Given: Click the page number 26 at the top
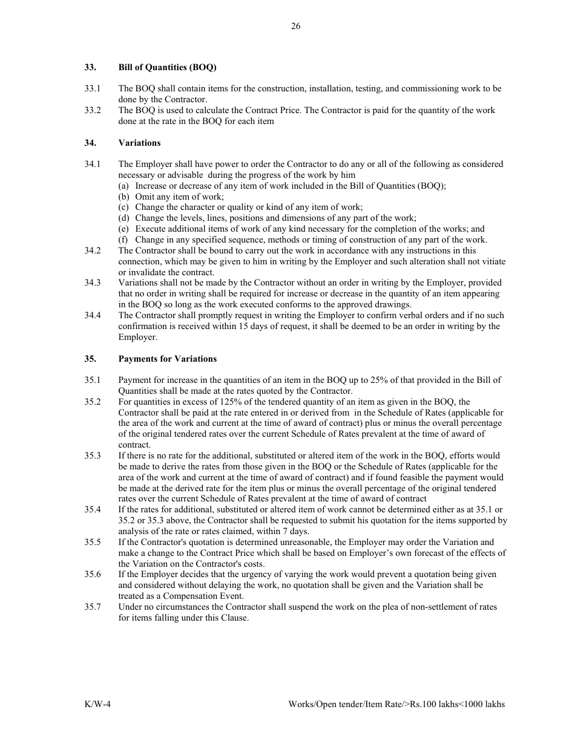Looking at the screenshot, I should point(295,26).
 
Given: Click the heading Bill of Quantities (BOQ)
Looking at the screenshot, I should point(167,67).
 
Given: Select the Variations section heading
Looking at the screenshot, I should point(139,143).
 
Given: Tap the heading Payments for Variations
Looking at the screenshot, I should point(167,359).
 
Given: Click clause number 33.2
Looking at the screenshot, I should point(93,110).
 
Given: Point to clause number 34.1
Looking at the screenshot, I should point(93,164).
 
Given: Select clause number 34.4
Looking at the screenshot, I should point(93,315).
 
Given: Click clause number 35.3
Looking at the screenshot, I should point(93,455).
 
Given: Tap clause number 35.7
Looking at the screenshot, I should point(93,607).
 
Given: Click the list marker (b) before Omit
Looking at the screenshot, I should point(123,197).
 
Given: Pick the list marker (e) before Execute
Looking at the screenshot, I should point(123,229).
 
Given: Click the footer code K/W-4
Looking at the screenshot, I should point(97,704).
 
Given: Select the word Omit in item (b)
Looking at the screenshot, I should point(145,197).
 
